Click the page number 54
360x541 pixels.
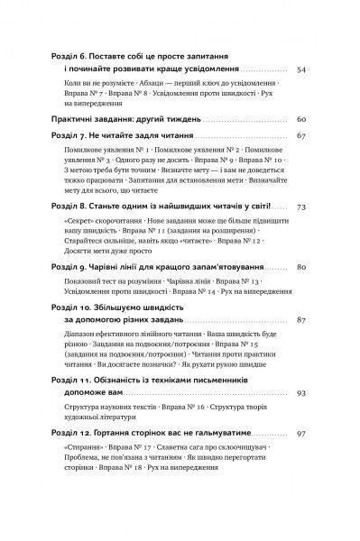(303, 70)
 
